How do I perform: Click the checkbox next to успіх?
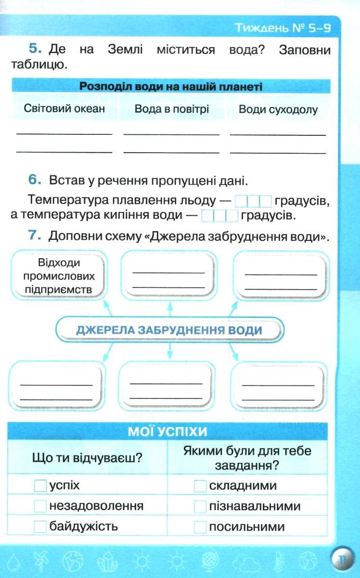pos(40,486)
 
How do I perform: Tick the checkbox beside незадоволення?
pos(40,506)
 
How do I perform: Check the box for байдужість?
pos(40,526)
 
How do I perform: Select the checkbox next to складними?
pos(200,486)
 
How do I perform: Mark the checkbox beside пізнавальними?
pos(200,506)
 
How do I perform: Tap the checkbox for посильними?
pos(200,526)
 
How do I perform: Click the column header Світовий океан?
pos(64,108)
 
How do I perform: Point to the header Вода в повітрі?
pos(171,109)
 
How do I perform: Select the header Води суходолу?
pos(278,109)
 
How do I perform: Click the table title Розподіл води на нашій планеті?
pos(171,86)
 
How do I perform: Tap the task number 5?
pos(35,49)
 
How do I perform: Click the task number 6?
pos(35,180)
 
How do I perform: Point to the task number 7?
pos(35,235)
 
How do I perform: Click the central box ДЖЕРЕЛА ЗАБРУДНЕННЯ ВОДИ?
pos(169,330)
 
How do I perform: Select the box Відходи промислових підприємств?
pos(59,276)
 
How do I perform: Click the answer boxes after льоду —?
pos(253,201)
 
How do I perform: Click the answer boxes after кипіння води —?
pos(219,215)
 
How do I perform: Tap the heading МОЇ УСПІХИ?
pos(167,432)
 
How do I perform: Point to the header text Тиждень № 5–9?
pos(283,27)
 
